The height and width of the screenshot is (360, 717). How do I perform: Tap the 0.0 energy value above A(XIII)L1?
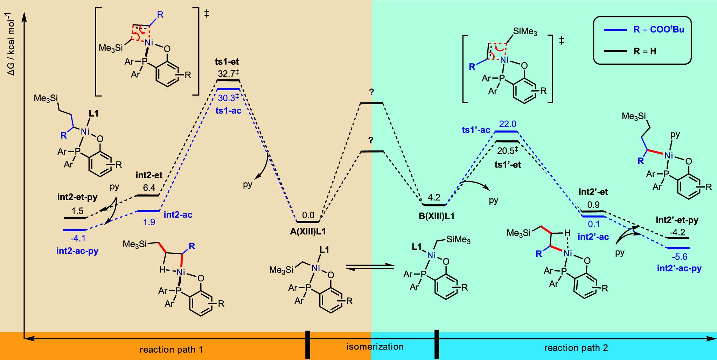click(x=308, y=215)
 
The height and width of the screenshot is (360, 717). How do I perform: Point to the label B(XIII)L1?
click(x=434, y=216)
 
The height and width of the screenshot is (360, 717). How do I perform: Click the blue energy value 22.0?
click(x=506, y=124)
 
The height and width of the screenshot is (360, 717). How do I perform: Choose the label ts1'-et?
click(x=507, y=165)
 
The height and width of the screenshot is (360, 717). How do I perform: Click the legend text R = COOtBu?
click(x=659, y=30)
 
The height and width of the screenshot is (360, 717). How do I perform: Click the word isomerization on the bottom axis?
click(x=375, y=347)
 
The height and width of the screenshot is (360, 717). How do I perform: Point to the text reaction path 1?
click(x=171, y=349)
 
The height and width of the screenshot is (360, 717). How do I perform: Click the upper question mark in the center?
click(x=372, y=93)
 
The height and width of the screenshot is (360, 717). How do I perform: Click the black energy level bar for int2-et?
click(x=147, y=195)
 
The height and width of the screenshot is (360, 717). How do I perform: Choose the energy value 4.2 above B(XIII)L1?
click(x=434, y=197)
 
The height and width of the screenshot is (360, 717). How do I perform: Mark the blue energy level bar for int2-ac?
click(x=147, y=211)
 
